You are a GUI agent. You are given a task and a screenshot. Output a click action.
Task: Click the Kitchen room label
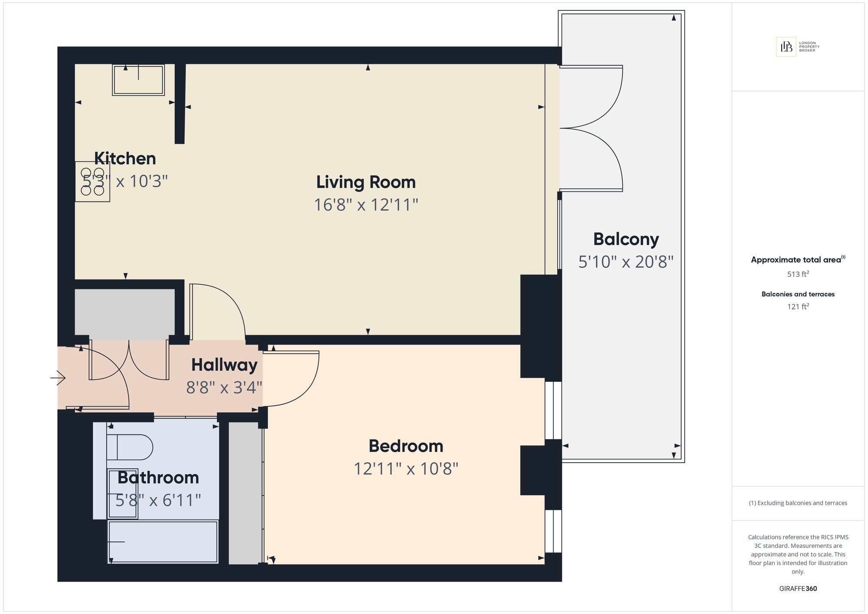pyautogui.click(x=125, y=158)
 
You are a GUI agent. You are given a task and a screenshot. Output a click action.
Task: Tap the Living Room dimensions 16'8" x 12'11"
pyautogui.click(x=366, y=205)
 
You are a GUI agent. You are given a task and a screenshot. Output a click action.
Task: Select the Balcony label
pyautogui.click(x=626, y=240)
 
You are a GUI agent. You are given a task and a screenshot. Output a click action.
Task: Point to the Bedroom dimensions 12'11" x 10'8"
pyautogui.click(x=406, y=469)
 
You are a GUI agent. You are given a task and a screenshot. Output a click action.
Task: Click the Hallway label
pyautogui.click(x=224, y=365)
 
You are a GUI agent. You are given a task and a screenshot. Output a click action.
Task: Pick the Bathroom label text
pyautogui.click(x=158, y=478)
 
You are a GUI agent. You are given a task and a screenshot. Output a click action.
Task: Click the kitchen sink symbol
pyautogui.click(x=138, y=80)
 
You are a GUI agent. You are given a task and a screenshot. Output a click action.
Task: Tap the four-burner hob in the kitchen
pyautogui.click(x=92, y=181)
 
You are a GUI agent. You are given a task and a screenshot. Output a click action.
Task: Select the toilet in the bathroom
pyautogui.click(x=130, y=447)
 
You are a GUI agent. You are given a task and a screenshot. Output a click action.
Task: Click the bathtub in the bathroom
pyautogui.click(x=163, y=542)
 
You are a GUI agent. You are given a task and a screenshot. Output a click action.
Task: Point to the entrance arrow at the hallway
pyautogui.click(x=58, y=378)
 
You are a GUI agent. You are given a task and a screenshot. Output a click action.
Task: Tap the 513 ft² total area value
pyautogui.click(x=798, y=274)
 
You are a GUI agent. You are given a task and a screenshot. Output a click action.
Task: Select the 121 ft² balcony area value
pyautogui.click(x=798, y=307)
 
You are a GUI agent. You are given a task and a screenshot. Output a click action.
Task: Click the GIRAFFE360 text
pyautogui.click(x=798, y=589)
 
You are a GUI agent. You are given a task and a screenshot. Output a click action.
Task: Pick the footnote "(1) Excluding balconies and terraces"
pyautogui.click(x=798, y=503)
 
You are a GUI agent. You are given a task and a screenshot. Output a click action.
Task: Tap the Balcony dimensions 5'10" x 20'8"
pyautogui.click(x=626, y=262)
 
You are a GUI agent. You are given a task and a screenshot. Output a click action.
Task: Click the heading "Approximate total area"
pyautogui.click(x=796, y=260)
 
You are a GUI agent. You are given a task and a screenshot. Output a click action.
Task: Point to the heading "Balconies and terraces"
pyautogui.click(x=798, y=294)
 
